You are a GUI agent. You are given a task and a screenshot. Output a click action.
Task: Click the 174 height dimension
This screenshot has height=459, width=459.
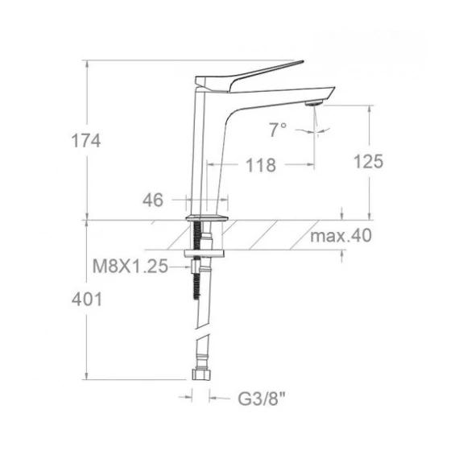pos(86,140)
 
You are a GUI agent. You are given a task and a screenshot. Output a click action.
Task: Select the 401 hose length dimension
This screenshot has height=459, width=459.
pos(87,300)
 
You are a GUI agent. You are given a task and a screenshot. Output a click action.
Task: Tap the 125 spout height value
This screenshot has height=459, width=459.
pos(369,161)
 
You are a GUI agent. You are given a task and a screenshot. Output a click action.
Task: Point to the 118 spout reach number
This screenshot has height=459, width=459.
pos(261,165)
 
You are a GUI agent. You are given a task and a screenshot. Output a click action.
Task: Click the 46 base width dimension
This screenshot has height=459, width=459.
pos(153,201)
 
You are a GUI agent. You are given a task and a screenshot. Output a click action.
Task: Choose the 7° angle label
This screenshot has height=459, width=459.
pos(278,130)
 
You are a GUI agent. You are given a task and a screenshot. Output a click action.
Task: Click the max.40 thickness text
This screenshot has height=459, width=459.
pos(341,235)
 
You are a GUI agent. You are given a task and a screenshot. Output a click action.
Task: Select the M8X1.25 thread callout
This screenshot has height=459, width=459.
pos(130,267)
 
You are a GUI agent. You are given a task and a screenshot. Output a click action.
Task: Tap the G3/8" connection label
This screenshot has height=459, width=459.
pos(262,399)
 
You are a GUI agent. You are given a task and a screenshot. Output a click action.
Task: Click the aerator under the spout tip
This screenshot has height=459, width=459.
pos(313,103)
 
